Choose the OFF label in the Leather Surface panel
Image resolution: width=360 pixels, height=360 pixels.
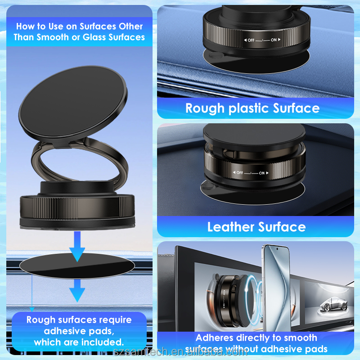click(x=239, y=173)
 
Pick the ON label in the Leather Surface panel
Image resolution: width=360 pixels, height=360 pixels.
click(x=262, y=173)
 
